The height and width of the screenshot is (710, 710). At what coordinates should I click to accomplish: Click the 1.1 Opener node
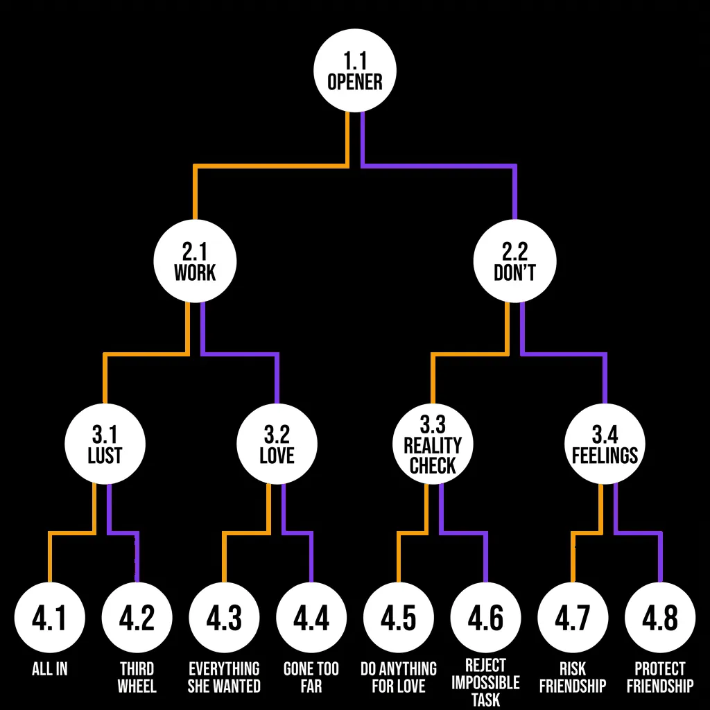354,72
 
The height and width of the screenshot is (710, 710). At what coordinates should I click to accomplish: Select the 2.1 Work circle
195,262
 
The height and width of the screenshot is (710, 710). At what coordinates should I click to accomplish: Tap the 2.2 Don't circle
514,262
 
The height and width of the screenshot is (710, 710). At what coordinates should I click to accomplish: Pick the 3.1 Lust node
105,444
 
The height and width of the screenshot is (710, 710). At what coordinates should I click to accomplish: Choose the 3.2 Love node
277,444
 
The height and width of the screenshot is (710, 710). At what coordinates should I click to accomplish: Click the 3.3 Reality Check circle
433,444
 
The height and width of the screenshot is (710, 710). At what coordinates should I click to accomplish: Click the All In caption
49,670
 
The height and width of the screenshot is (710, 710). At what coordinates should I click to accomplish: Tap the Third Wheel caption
137,677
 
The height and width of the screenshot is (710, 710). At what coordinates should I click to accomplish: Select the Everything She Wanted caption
224,677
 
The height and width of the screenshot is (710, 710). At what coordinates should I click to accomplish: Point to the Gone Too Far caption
311,677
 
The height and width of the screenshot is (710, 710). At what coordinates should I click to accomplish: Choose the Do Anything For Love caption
399,677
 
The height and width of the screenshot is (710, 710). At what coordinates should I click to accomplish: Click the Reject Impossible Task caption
485,683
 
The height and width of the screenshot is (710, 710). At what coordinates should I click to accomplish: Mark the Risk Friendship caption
573,677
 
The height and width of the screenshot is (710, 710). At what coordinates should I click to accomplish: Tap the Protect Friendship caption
660,677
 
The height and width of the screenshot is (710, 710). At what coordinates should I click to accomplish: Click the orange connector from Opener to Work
270,166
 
